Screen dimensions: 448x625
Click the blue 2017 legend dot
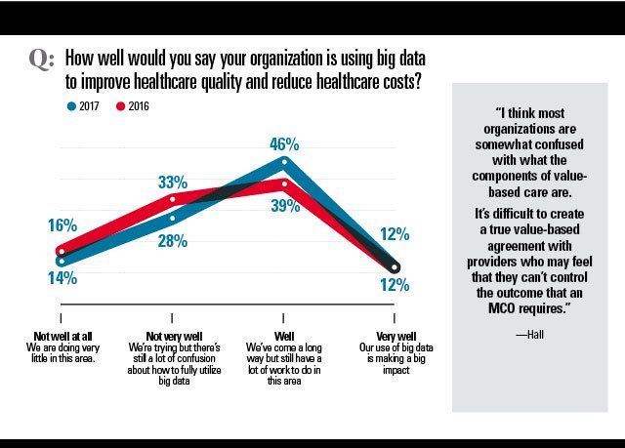point(71,104)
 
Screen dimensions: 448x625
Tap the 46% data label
point(283,144)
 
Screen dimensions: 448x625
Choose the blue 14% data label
point(61,278)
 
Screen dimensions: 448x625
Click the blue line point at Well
point(284,161)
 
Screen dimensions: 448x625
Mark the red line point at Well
point(284,183)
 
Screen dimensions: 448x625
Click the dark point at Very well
point(395,266)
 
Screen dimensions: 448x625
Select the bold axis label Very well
point(395,337)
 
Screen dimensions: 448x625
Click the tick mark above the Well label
point(283,318)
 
